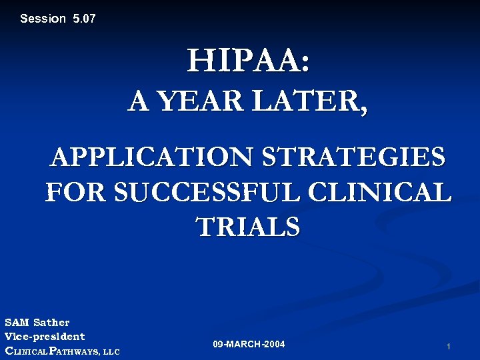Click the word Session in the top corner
tap(43, 19)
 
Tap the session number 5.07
tap(84, 19)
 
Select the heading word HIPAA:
tap(248, 62)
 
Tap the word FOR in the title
tap(76, 193)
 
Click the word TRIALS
tap(248, 227)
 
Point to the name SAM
tap(17, 323)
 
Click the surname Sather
tap(52, 323)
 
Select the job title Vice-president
tap(45, 337)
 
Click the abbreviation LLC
tap(111, 351)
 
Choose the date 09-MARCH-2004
tap(249, 345)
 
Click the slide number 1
tap(449, 347)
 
